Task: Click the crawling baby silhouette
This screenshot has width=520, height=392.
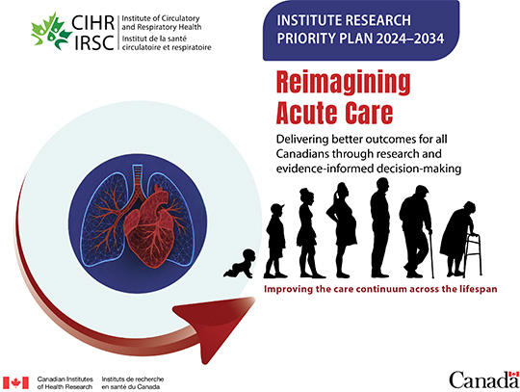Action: point(239,263)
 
